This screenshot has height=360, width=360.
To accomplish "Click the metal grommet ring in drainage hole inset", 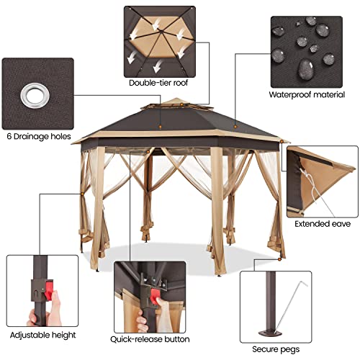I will [33, 94].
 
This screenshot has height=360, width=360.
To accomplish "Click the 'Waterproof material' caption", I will [304, 94].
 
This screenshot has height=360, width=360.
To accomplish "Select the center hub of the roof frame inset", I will [161, 36].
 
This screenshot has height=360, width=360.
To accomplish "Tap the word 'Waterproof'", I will [289, 94].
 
